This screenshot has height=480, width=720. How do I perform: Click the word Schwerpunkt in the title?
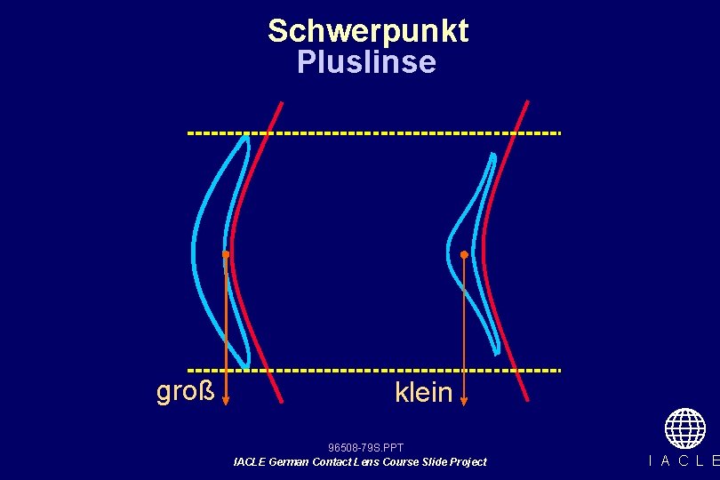[x=367, y=31]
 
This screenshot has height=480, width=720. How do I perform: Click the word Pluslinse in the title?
[x=366, y=62]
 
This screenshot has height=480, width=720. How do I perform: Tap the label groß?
[x=186, y=390]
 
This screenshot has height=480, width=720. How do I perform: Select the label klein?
[x=424, y=392]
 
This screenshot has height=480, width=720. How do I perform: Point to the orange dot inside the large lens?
[x=226, y=255]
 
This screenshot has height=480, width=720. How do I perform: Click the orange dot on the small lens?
[x=464, y=255]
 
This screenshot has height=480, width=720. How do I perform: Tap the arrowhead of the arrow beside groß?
[x=226, y=399]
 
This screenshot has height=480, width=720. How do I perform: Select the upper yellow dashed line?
[x=373, y=133]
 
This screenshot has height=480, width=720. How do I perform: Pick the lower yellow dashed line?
[x=373, y=369]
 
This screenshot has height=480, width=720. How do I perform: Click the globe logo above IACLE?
[x=684, y=428]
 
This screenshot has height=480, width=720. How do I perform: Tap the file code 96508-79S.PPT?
[x=365, y=447]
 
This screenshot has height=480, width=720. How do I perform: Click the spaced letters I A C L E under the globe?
[x=684, y=460]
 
